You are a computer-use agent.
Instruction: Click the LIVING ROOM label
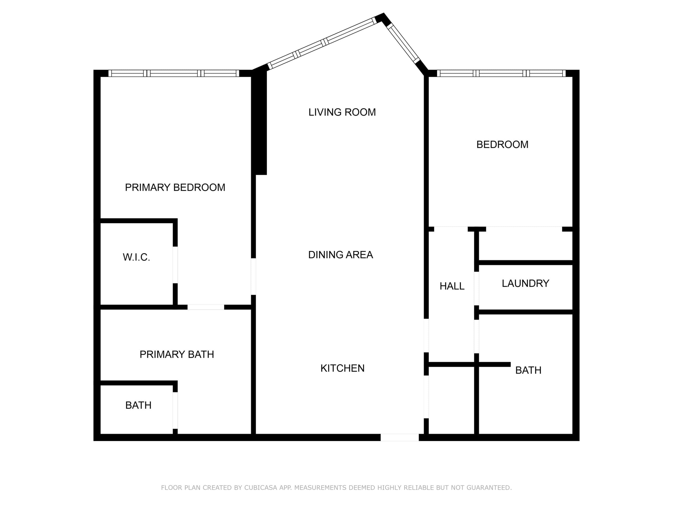coord(342,112)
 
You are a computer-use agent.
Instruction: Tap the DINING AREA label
coord(340,255)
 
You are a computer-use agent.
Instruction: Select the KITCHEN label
coord(342,368)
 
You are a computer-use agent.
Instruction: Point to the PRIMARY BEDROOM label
coord(175,188)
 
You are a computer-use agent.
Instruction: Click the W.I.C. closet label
coord(136,257)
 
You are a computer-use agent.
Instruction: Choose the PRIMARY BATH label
coord(176,354)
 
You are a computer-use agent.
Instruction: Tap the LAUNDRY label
coord(526,283)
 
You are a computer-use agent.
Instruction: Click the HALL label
coord(452,286)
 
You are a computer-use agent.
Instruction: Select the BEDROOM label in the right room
coord(502,145)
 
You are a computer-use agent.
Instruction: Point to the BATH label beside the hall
coord(528,370)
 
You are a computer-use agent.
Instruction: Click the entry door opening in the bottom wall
coord(400,437)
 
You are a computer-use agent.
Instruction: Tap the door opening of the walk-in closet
coord(175,265)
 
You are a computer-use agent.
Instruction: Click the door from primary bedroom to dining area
coord(253,276)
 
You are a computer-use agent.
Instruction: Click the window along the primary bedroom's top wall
coord(174,73)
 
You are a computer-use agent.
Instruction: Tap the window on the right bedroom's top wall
coord(501,73)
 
